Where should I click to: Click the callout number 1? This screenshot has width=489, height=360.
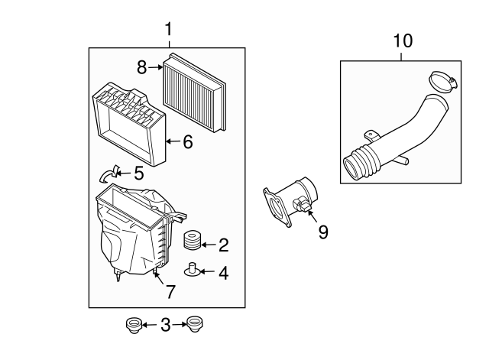pyautogui.click(x=168, y=30)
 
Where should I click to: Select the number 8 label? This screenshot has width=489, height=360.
pyautogui.click(x=142, y=67)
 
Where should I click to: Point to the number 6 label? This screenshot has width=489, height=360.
pyautogui.click(x=188, y=141)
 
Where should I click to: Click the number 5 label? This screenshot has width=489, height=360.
pyautogui.click(x=138, y=174)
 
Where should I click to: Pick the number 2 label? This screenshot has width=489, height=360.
pyautogui.click(x=223, y=245)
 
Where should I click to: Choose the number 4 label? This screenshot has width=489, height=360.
pyautogui.click(x=223, y=271)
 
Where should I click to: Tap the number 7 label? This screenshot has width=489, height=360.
pyautogui.click(x=170, y=290)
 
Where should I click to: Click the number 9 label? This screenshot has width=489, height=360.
pyautogui.click(x=322, y=232)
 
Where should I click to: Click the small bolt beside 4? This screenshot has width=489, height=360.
pyautogui.click(x=194, y=269)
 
